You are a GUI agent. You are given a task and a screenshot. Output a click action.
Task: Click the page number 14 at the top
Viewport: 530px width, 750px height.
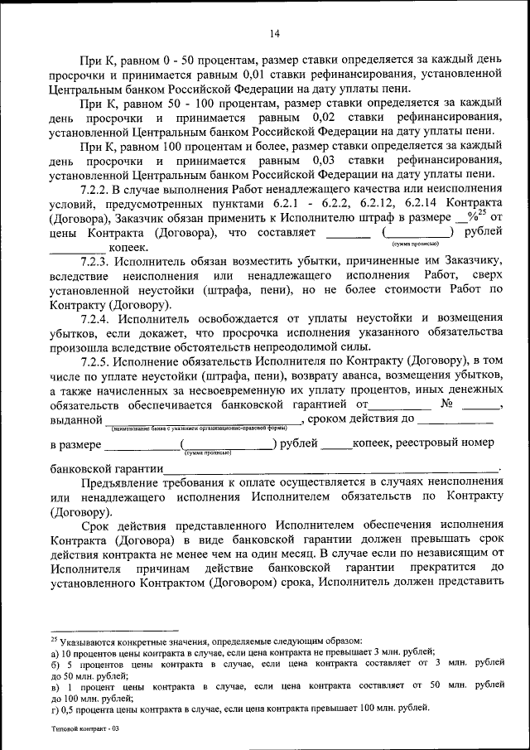point(274,33)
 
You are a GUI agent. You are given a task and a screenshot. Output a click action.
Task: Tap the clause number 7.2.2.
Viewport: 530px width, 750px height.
point(96,191)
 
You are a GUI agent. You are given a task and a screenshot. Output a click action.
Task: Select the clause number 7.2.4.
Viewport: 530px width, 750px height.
point(96,319)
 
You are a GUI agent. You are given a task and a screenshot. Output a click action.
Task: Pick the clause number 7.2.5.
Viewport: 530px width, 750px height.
point(96,362)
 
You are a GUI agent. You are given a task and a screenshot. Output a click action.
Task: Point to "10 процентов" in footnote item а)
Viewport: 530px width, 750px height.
point(82,653)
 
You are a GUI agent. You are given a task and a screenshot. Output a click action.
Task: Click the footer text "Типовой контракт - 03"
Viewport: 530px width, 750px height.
point(84,729)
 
